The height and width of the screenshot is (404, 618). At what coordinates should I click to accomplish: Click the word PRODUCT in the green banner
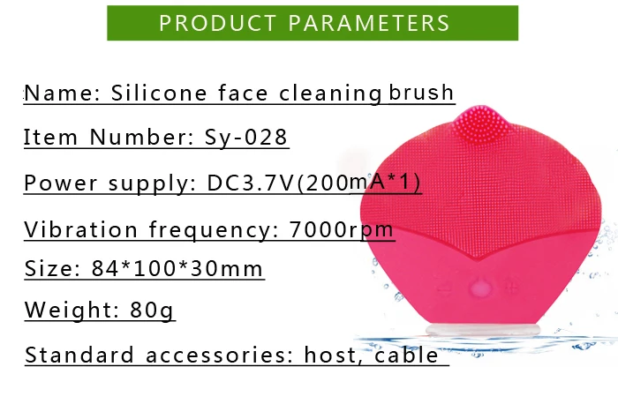pos(217,23)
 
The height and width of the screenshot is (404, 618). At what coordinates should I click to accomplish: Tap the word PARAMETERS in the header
pos(369,23)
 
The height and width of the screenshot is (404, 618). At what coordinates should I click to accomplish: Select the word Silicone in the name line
pos(159,94)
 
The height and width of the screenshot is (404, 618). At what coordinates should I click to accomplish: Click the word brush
pos(421,93)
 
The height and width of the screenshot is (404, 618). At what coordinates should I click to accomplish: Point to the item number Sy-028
pos(246,138)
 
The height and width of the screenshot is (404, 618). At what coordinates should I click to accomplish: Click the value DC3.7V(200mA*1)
pos(313,183)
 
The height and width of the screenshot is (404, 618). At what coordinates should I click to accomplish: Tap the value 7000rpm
pos(342,229)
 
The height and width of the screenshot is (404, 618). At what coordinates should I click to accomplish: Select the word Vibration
pos(81,229)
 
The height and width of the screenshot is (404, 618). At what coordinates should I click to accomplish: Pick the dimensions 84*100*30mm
pos(177,268)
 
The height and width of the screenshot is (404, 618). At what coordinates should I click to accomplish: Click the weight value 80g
pos(152,310)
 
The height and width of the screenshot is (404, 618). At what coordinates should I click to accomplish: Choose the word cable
pos(406,355)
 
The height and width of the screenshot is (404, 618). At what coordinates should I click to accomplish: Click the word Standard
pos(79,355)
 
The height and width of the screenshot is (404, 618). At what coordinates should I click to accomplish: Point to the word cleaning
pos(330,94)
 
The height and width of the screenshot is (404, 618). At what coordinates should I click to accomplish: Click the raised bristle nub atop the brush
pos(480,123)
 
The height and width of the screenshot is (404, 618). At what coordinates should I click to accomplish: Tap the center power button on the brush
pos(479,289)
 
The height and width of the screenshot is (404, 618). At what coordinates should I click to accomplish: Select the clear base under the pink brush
pos(483,329)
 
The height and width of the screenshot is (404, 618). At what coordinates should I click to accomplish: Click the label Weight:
pos(72,310)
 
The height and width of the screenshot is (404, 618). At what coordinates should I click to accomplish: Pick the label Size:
pos(52,268)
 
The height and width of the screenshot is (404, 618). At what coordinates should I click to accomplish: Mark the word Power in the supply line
pos(61,183)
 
